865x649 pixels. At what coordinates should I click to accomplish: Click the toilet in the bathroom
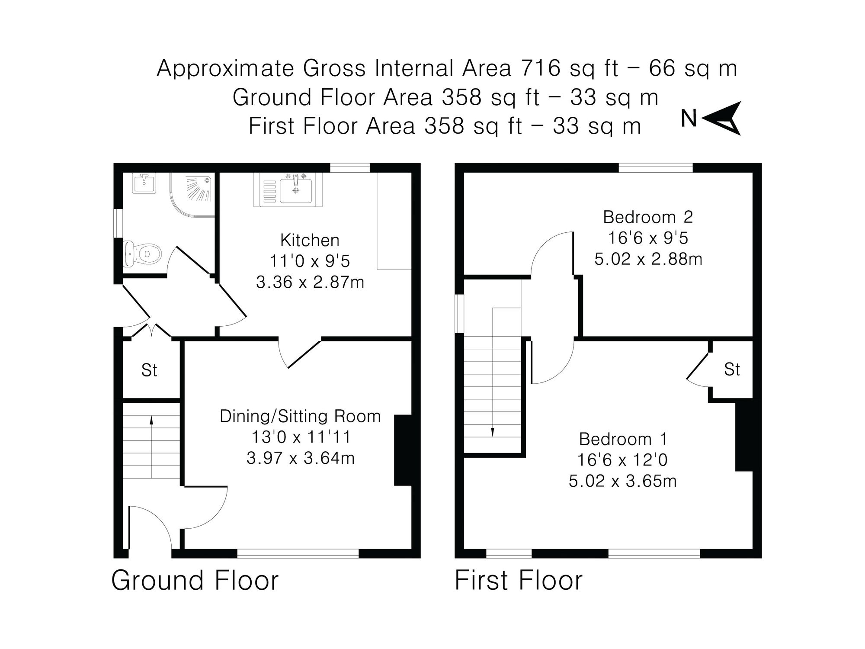(x=143, y=254)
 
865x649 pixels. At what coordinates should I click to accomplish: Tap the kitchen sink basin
(x=296, y=190)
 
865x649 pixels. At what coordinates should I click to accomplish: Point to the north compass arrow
(x=723, y=118)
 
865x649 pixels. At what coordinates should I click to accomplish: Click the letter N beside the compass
(x=689, y=119)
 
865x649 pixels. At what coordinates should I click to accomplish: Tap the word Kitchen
(x=310, y=240)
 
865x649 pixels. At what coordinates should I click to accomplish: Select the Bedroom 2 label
(x=648, y=217)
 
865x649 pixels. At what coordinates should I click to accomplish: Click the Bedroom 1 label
(x=623, y=439)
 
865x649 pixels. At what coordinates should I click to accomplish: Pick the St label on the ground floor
(x=149, y=370)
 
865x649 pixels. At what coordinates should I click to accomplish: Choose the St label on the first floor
(x=732, y=369)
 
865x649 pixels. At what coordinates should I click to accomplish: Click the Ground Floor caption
(x=195, y=581)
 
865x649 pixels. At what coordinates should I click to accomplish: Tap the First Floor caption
(x=518, y=581)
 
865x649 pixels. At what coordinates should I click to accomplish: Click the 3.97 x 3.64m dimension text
(x=301, y=458)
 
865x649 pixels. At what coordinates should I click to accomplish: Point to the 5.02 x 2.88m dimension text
(x=648, y=259)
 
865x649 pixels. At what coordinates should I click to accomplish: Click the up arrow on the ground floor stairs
(x=151, y=422)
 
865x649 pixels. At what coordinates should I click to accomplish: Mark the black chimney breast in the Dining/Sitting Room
(x=403, y=450)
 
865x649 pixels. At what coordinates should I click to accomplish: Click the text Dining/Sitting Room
(x=300, y=416)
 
